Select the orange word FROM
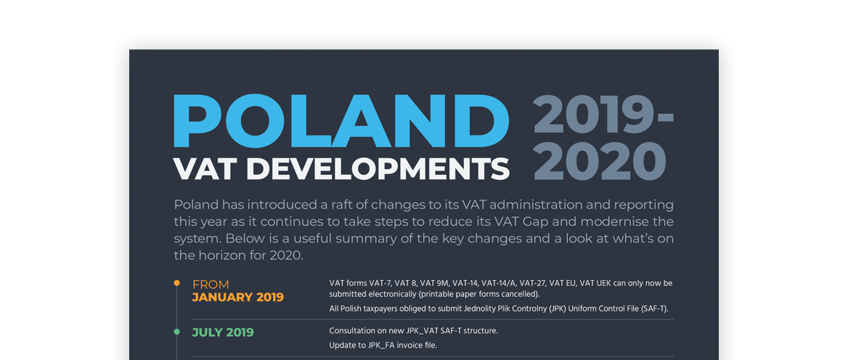211,285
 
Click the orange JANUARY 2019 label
237,298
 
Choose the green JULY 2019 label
223,332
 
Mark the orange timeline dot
176,283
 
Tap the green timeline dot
176,332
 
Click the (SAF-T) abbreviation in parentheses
651,308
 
